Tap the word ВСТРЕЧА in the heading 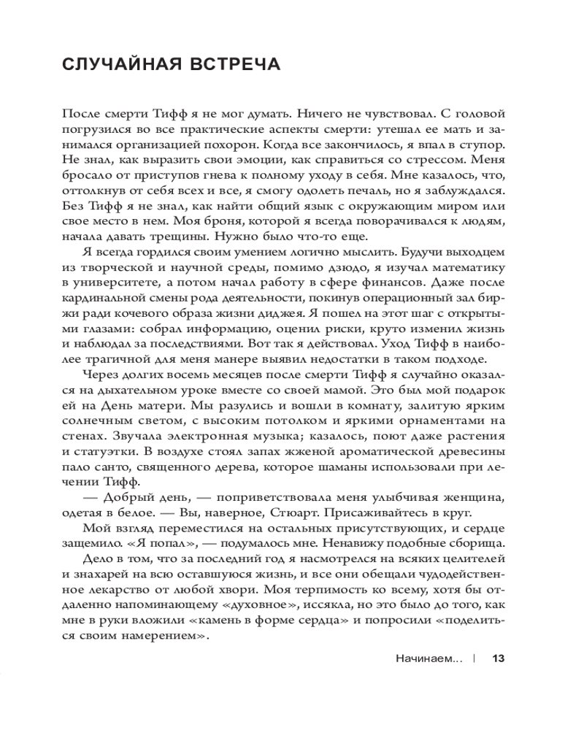(x=235, y=64)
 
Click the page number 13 (x=499, y=658)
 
